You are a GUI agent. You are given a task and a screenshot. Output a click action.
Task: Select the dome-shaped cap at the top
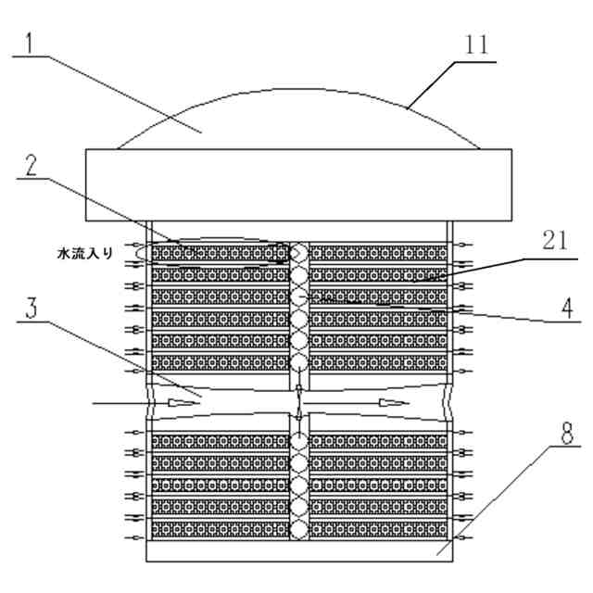pos(296,120)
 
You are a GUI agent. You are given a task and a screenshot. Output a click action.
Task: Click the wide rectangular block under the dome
pos(296,185)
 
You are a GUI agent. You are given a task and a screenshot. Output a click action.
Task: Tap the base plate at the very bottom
pos(296,552)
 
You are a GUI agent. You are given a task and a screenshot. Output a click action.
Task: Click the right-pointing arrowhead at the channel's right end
pos(395,404)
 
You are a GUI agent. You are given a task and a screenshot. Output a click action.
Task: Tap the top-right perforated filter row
pos(378,253)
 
